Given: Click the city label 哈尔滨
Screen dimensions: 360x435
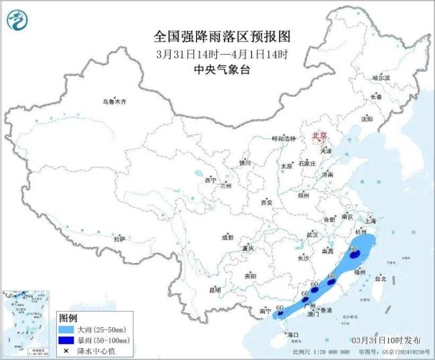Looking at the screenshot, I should pyautogui.click(x=380, y=78).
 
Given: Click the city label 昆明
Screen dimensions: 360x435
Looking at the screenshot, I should pyautogui.click(x=215, y=289).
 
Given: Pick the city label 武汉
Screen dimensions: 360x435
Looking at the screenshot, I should pyautogui.click(x=312, y=235).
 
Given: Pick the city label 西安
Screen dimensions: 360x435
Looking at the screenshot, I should pyautogui.click(x=268, y=201).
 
